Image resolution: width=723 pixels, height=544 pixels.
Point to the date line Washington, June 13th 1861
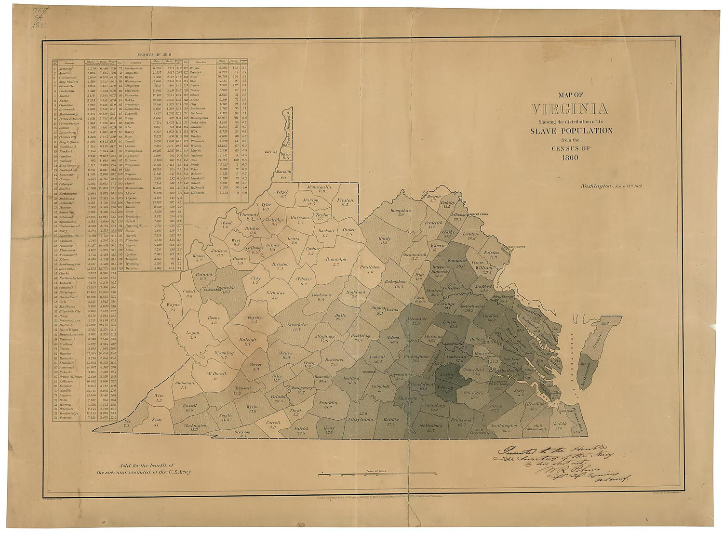click(x=611, y=186)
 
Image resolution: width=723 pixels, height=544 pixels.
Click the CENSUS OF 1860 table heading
click(x=154, y=55)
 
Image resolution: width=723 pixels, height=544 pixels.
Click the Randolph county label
click(x=336, y=260)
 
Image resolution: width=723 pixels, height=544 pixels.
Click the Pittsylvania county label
click(x=360, y=419)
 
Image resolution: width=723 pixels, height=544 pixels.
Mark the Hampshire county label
click(x=400, y=211)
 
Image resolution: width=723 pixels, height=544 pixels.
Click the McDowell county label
click(x=217, y=374)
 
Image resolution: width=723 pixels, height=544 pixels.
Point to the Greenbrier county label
click(x=297, y=325)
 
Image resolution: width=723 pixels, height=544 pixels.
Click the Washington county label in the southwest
click(x=195, y=425)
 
